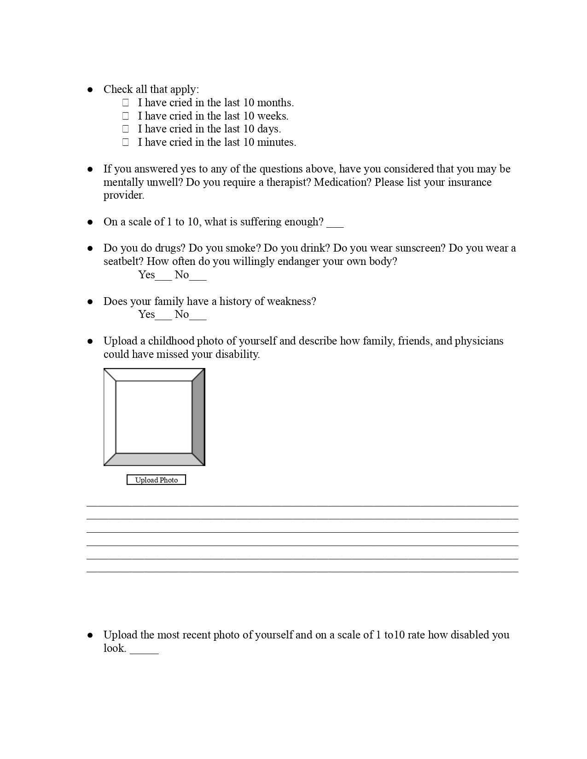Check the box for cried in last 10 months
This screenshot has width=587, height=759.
[125, 103]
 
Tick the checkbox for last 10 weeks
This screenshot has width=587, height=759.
[125, 116]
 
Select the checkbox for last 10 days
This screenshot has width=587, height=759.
[125, 129]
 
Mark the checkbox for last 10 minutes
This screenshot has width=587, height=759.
[125, 142]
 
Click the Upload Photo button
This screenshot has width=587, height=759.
[156, 480]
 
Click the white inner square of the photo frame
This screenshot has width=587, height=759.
[154, 417]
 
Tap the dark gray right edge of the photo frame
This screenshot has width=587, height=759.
[198, 417]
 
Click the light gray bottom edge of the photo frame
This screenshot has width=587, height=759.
[154, 460]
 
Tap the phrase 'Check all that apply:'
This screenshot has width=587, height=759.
[151, 89]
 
